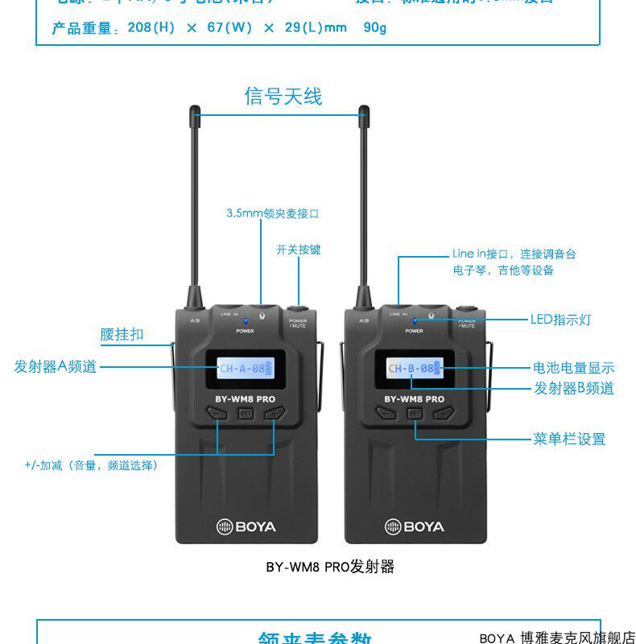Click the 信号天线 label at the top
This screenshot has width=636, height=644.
point(283,97)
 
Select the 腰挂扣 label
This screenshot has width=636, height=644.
point(122,334)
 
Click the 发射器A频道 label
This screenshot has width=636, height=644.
point(56,366)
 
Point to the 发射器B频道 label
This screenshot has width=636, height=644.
point(574,388)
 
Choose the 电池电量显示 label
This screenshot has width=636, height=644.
point(574,368)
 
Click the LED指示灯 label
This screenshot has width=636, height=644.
point(560,320)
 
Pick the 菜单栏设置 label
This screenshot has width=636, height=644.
point(569,439)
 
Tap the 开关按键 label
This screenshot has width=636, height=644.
point(298,250)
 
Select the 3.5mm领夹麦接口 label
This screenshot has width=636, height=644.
point(273,214)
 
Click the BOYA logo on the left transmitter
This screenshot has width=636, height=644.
point(246,526)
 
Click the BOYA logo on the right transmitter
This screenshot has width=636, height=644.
point(415,526)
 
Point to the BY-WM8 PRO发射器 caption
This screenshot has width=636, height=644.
point(330,567)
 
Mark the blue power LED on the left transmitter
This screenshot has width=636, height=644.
point(246,321)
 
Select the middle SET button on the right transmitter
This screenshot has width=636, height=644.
point(415,414)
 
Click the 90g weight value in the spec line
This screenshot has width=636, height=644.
point(374,28)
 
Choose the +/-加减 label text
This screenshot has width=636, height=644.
point(91,465)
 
